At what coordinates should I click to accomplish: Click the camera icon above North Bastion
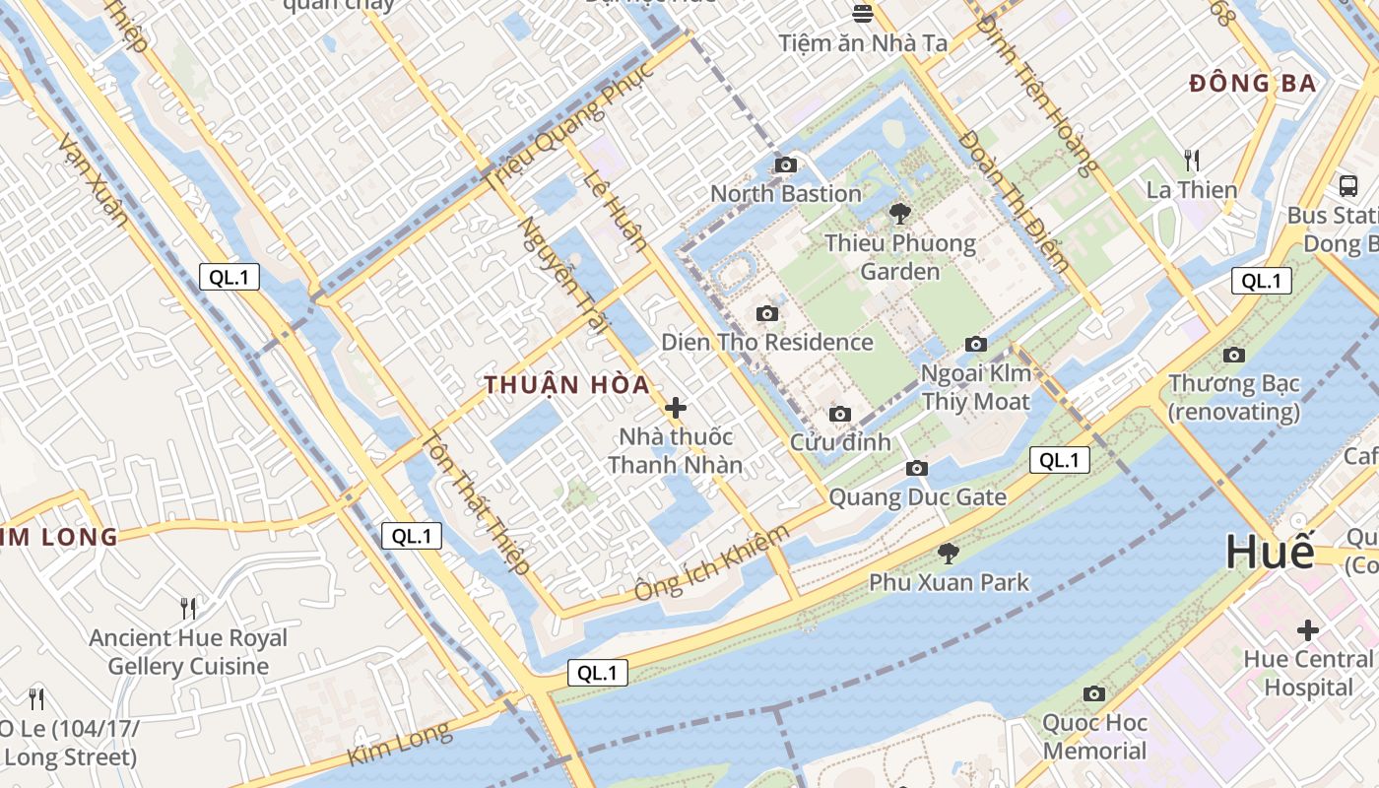[785, 164]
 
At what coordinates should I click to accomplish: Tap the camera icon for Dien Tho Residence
[766, 314]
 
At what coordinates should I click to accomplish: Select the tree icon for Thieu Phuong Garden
[899, 213]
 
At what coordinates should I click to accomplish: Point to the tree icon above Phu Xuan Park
[948, 554]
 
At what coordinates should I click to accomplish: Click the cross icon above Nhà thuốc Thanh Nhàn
[676, 407]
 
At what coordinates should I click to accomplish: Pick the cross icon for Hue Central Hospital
[1307, 629]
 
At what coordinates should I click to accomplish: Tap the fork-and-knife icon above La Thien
[1192, 160]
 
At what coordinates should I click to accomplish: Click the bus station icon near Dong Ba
[1347, 185]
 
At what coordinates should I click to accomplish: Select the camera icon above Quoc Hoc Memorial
[1093, 694]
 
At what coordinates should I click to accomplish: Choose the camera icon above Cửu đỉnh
[839, 414]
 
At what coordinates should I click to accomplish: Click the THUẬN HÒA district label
[566, 385]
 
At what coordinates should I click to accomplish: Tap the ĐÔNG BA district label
[1252, 84]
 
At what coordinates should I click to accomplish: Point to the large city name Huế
[1270, 552]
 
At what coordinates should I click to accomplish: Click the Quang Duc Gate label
[917, 496]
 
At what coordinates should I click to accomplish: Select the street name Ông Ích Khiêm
[712, 562]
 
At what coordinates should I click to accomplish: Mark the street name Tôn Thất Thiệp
[478, 503]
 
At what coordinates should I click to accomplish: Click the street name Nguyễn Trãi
[558, 277]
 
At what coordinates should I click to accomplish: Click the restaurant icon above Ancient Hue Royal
[187, 608]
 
